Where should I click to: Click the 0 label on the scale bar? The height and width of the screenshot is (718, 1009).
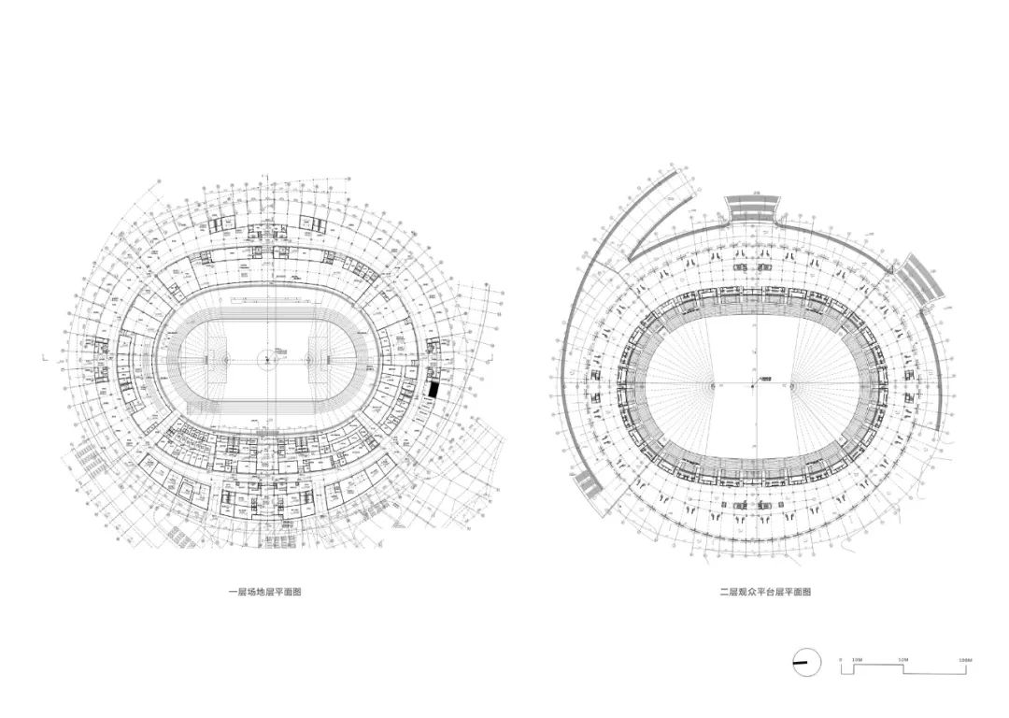[x=841, y=659]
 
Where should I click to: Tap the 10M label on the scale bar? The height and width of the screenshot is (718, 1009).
[x=856, y=659]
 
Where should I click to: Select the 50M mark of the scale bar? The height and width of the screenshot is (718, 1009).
[x=902, y=659]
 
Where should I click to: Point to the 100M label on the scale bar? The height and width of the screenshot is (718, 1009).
[x=966, y=659]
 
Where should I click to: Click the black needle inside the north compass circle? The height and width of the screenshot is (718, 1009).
[x=801, y=664]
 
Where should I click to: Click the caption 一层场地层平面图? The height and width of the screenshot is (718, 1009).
[x=266, y=592]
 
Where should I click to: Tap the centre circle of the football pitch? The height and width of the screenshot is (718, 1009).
[x=266, y=356]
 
